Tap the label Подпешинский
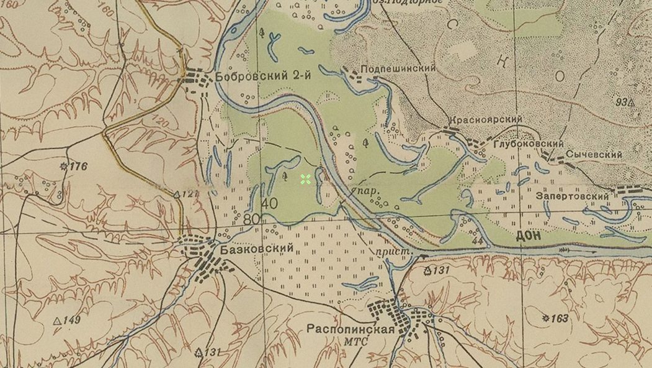(398, 68)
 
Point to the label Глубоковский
(529, 144)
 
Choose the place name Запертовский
(573, 196)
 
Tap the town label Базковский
(256, 248)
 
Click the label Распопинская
(351, 329)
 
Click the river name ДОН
(528, 236)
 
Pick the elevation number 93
(620, 101)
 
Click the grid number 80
(251, 219)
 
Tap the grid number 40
(269, 203)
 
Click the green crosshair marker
(305, 180)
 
